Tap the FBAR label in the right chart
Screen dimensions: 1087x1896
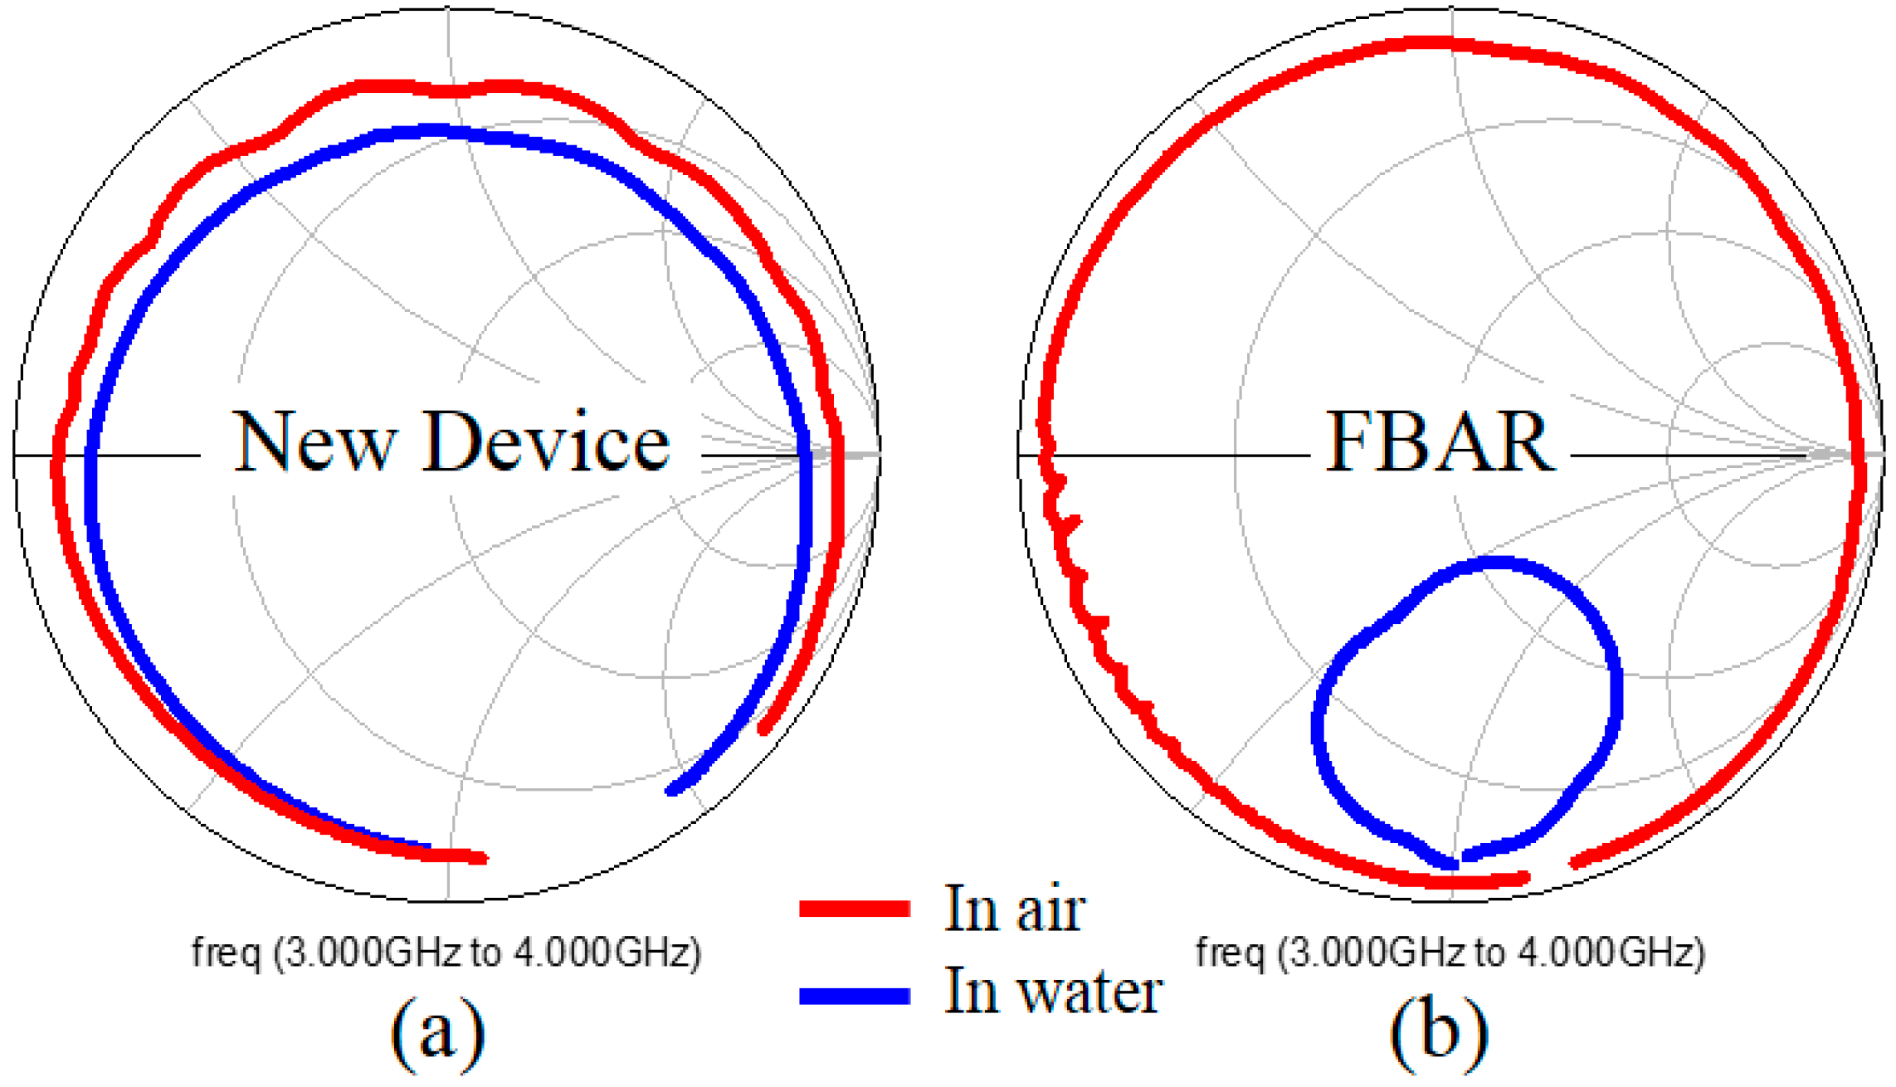(x=1440, y=443)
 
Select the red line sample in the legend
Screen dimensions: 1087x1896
(x=855, y=909)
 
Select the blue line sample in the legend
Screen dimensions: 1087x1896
(x=855, y=995)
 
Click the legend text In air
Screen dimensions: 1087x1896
(x=1014, y=909)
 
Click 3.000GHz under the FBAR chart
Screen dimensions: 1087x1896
(x=1370, y=953)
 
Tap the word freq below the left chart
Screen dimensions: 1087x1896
(x=226, y=953)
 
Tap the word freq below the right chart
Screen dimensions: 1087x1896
(x=1230, y=953)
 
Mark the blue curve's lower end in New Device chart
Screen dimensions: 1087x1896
(x=672, y=790)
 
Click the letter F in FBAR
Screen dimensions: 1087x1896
(x=1351, y=443)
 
